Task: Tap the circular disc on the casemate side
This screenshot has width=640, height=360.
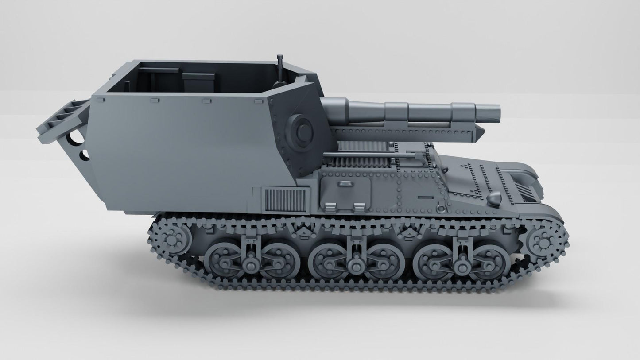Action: point(301,128)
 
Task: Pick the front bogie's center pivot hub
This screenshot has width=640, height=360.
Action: point(462,266)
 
